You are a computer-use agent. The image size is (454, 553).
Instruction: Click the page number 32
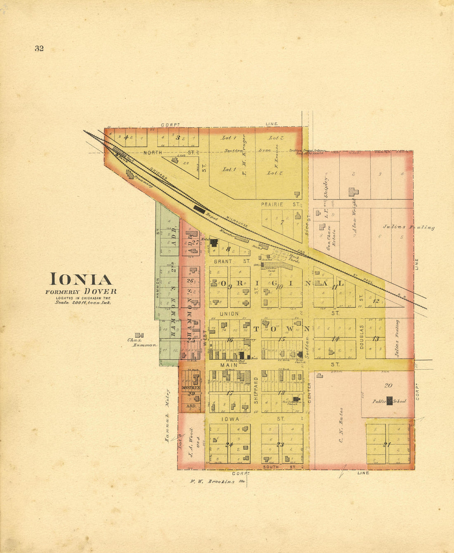pos(39,48)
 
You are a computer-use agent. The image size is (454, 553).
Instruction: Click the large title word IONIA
pos(81,280)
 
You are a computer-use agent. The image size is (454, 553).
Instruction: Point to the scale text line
pos(83,302)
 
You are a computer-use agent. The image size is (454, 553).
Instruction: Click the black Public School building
pos(389,400)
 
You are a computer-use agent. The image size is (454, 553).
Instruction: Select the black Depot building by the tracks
pos(199,209)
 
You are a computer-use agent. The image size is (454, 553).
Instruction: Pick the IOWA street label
pos(230,419)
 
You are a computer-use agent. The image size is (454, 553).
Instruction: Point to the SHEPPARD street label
pos(256,390)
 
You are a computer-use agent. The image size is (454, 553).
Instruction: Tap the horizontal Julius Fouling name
pos(409,227)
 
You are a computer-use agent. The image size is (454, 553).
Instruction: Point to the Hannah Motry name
pos(168,415)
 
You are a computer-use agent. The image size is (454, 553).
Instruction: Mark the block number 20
pos(388,386)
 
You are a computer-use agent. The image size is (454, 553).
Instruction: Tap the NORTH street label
pos(153,153)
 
